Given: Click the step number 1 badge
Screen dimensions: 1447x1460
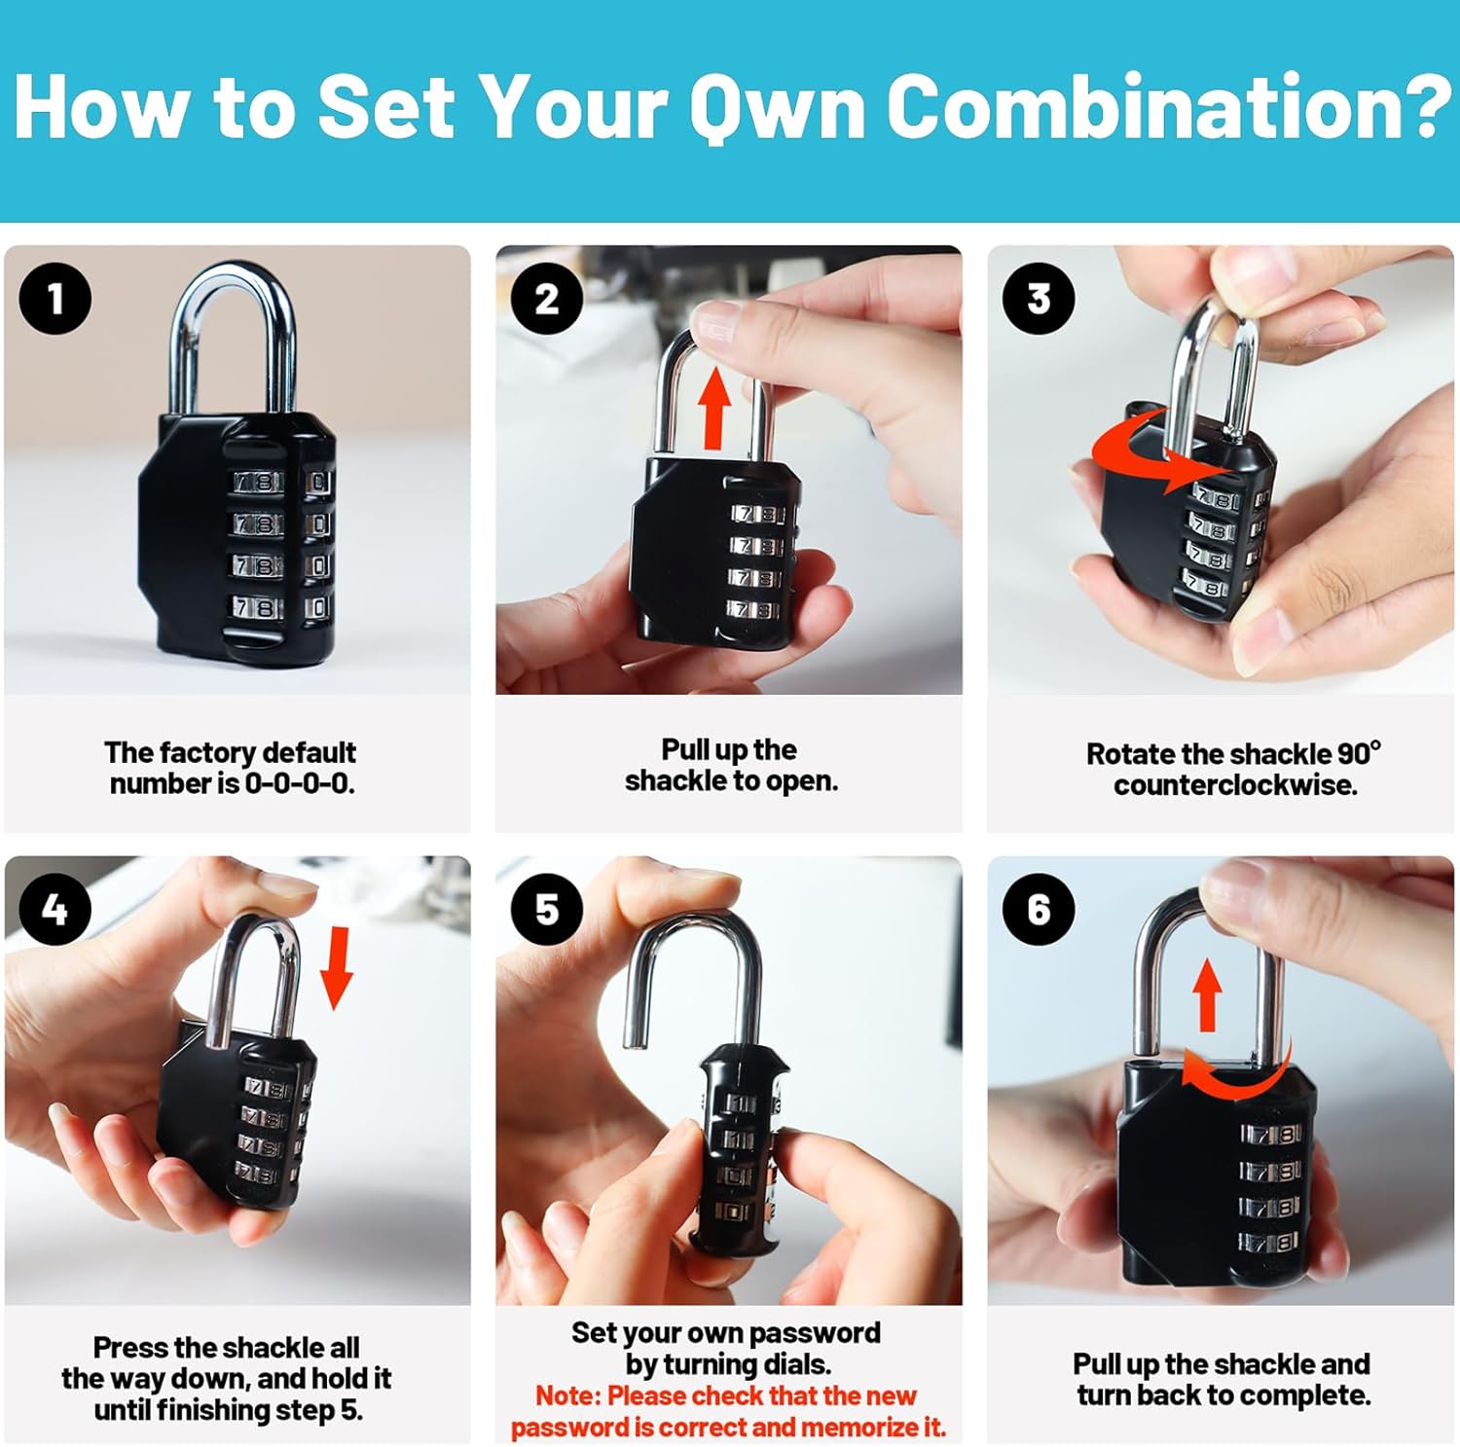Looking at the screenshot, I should (x=55, y=299).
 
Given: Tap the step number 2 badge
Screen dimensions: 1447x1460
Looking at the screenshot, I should (x=547, y=299).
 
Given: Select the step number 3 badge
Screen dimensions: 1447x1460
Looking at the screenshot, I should (x=1039, y=299).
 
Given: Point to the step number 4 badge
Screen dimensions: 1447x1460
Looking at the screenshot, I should (x=55, y=909).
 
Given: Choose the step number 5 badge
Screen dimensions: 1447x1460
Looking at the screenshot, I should (x=547, y=909).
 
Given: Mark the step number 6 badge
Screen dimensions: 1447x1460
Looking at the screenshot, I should (x=1039, y=909).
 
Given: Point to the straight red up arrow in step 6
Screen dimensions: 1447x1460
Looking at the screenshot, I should (x=1207, y=995).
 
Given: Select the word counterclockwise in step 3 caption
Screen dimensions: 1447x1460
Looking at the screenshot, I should (x=1235, y=785).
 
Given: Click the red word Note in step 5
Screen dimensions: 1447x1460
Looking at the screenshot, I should (x=566, y=1395).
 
